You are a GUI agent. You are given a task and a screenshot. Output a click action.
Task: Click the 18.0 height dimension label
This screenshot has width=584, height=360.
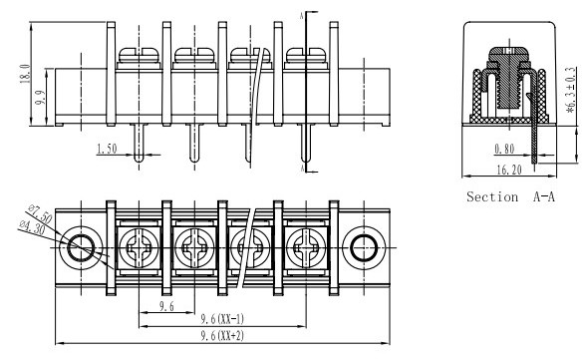click(x=25, y=74)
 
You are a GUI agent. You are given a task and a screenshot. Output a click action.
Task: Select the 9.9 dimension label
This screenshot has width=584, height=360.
click(x=40, y=98)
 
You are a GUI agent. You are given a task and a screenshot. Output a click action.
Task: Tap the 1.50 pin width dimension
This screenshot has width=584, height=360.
click(x=107, y=149)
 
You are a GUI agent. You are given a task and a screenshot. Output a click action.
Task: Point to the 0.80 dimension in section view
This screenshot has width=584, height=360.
click(x=504, y=149)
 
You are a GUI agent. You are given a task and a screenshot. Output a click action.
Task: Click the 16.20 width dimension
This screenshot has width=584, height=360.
click(x=509, y=170)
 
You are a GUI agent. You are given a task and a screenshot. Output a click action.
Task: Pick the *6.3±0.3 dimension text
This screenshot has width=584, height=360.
click(x=571, y=90)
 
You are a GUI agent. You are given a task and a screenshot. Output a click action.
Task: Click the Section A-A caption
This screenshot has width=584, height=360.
click(x=510, y=196)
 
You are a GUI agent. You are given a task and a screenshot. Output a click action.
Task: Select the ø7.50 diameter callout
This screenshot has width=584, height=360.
click(x=40, y=213)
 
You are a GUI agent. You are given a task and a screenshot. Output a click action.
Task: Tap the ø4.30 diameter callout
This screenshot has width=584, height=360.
click(x=33, y=227)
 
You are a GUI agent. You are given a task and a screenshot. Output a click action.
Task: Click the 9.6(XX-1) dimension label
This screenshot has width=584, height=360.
click(x=222, y=319)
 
